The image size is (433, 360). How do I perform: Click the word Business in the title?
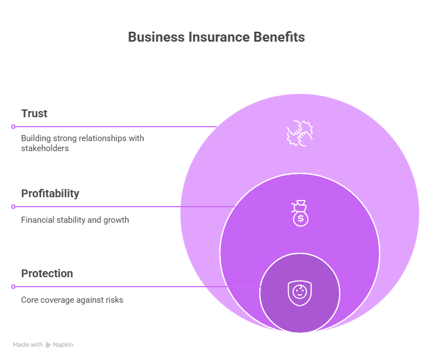pos(148,37)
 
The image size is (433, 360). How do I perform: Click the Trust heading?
pos(34,113)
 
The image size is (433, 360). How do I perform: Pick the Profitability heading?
pos(50,193)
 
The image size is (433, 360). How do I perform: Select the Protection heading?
pos(47,273)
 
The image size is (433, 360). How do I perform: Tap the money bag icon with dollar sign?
pos(300,213)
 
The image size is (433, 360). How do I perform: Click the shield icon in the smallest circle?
pos(300,293)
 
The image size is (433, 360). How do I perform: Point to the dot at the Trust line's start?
pos(13,127)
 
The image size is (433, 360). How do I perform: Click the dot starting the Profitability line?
pos(13,207)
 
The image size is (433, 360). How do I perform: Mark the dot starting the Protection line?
pos(13,287)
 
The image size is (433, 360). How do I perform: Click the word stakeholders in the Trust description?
pos(44,148)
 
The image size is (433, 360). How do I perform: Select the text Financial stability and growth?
pos(75,220)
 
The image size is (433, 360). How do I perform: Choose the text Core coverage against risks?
pos(72,300)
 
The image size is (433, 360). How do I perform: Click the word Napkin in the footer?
pos(63,345)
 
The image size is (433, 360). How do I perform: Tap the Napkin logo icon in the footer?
pos(48,345)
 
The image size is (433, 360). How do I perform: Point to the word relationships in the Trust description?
pos(100,138)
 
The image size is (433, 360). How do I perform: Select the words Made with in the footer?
pos(28,345)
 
